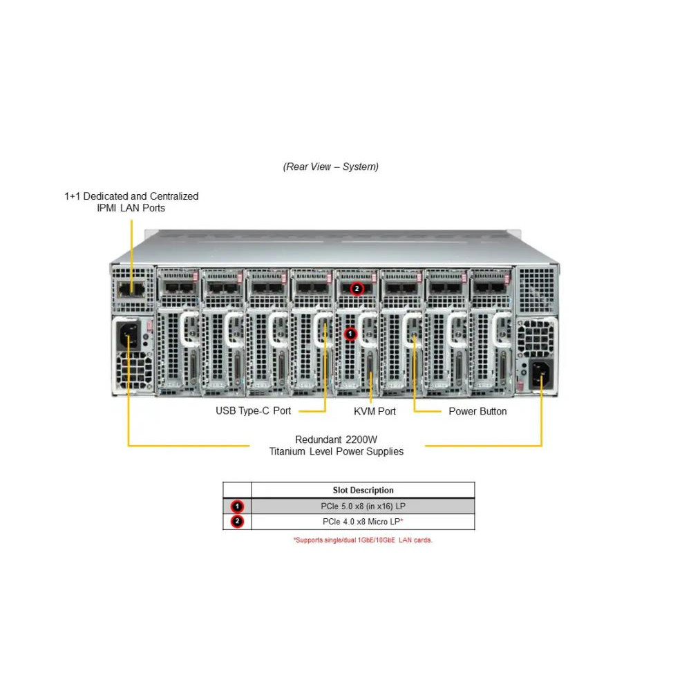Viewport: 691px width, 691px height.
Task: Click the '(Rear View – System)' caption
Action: (x=330, y=167)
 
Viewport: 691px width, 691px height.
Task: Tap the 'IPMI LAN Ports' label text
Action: (x=131, y=208)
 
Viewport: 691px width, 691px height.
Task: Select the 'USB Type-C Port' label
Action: (x=253, y=411)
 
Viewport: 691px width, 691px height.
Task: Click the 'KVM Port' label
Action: (x=375, y=411)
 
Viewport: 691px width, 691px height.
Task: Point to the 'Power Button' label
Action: (x=477, y=411)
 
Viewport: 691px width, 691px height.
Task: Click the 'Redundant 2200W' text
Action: (x=336, y=439)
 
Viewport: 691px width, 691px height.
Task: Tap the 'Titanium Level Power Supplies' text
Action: (x=336, y=452)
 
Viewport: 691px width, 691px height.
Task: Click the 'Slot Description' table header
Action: (x=363, y=491)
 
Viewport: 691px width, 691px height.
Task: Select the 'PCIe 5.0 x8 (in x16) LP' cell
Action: (x=363, y=507)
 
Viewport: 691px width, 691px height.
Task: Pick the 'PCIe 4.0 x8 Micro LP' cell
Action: (x=363, y=522)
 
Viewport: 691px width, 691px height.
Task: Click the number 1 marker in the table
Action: (x=237, y=507)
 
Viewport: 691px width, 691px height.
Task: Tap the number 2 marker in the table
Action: (x=237, y=522)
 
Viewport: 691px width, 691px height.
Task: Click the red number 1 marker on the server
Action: (x=350, y=334)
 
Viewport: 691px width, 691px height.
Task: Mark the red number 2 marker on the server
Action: (x=357, y=288)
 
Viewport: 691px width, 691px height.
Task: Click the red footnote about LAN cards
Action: (x=363, y=540)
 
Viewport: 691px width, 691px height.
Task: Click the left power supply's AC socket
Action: (x=129, y=335)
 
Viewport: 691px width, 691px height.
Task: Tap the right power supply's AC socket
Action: (x=540, y=374)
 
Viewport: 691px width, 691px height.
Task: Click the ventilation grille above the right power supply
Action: (x=536, y=289)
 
